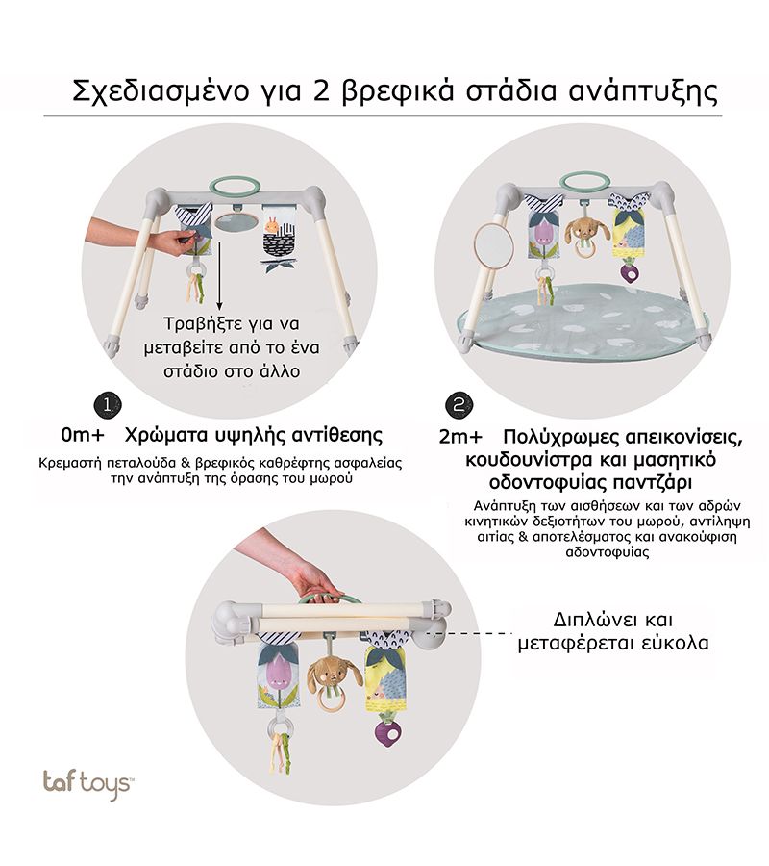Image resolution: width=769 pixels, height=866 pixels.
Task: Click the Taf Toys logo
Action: [x=87, y=783]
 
